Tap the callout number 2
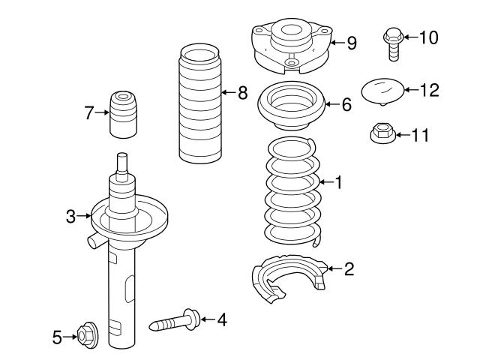(349, 268)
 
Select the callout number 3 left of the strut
(70, 217)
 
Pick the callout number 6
(346, 106)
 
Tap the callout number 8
(241, 93)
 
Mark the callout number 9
(351, 43)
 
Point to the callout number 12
(429, 90)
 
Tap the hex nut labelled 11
(382, 135)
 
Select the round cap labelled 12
(382, 91)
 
